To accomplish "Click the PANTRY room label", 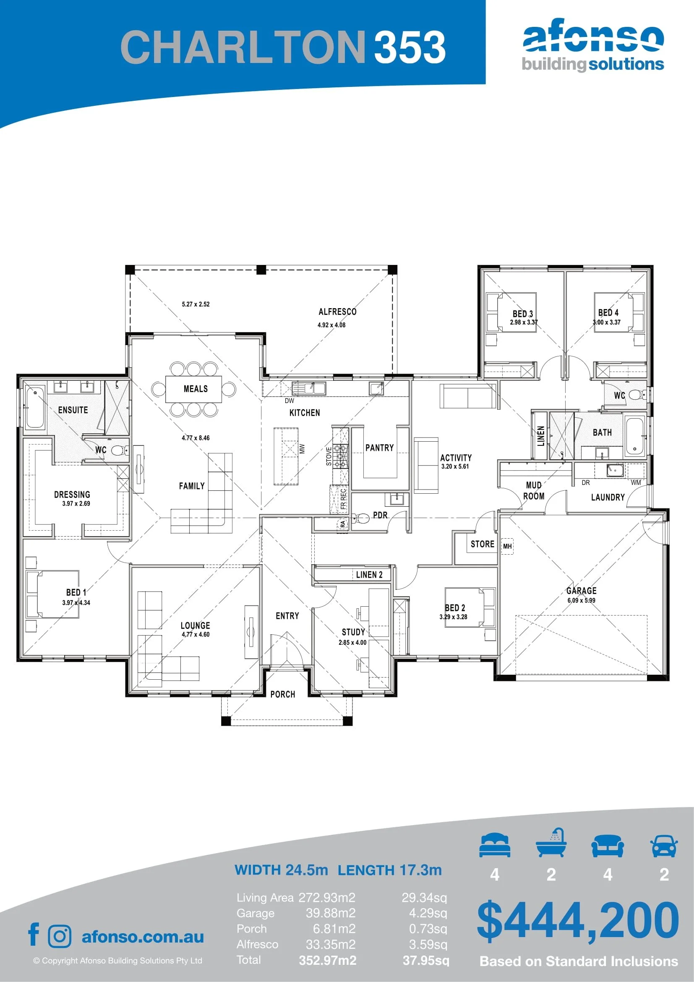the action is tap(379, 448).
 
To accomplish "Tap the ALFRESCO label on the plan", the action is tap(337, 312).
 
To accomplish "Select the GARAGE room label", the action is tap(581, 590).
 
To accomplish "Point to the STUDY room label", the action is tap(353, 632).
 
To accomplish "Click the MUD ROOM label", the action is tap(534, 490).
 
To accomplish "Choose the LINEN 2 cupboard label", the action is tap(369, 574).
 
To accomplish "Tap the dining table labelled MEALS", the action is tap(193, 389).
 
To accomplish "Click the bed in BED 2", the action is tap(470, 608).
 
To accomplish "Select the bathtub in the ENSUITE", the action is tap(35, 407).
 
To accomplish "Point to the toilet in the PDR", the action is tap(363, 518).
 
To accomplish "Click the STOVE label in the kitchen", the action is tap(329, 456).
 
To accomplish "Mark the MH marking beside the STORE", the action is tap(507, 546).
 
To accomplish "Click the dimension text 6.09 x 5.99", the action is tap(581, 600).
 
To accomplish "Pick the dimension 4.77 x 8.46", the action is tap(195, 437).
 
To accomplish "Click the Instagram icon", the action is tap(60, 936).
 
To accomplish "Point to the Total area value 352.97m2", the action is tap(327, 960).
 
